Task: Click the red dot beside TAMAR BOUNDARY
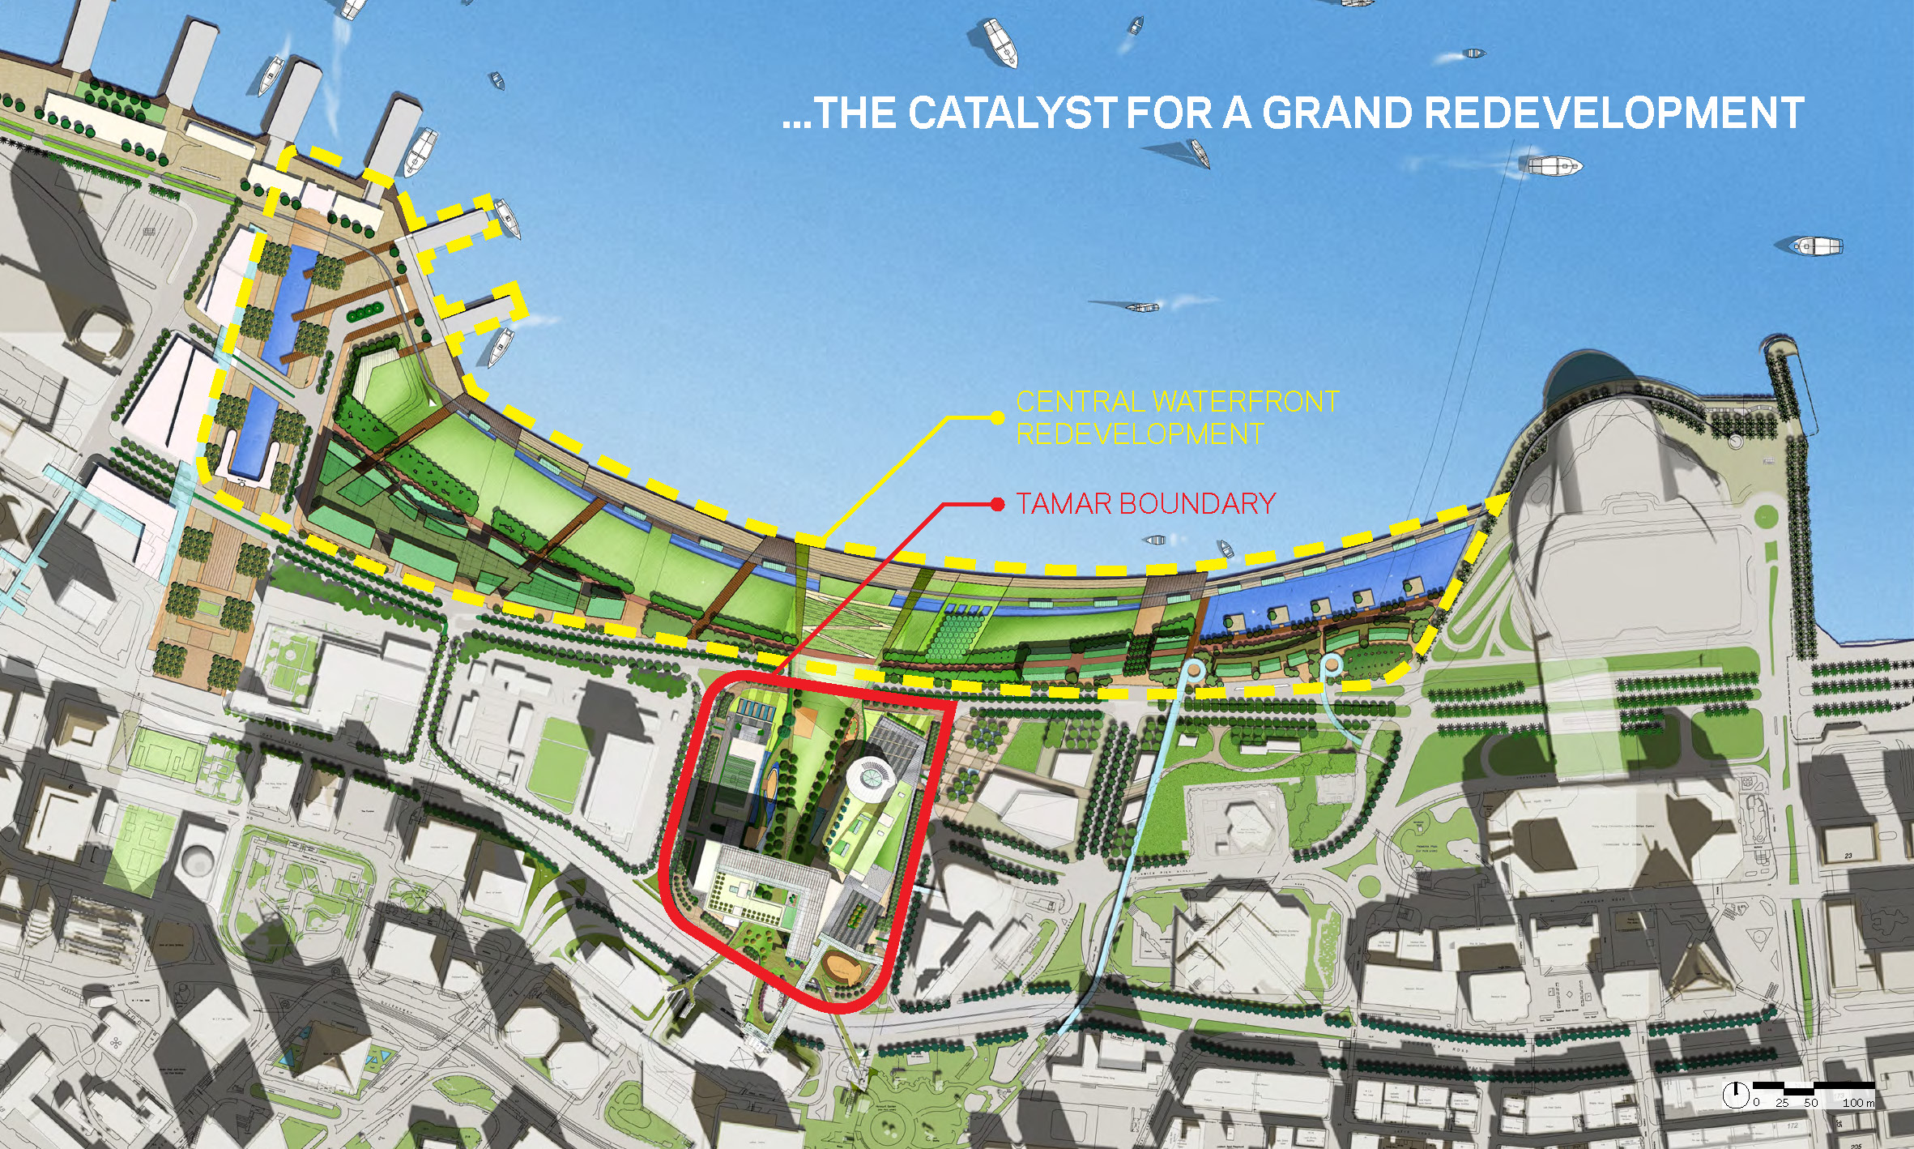coord(998,504)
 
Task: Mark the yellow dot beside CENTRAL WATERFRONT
coord(998,417)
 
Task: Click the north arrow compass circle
coord(1735,1096)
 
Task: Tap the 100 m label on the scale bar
coord(1858,1103)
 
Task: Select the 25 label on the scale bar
coord(1782,1103)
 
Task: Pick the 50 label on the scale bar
coord(1811,1103)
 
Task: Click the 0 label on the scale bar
coord(1756,1103)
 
